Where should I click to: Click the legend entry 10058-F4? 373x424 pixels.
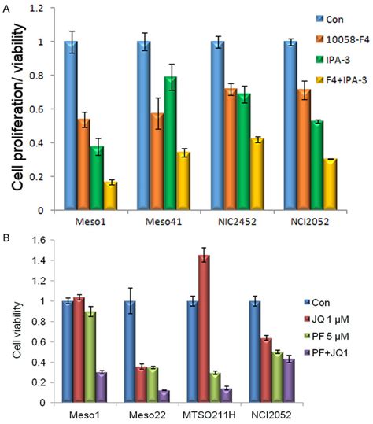336,39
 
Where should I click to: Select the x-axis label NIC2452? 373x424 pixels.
235,221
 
